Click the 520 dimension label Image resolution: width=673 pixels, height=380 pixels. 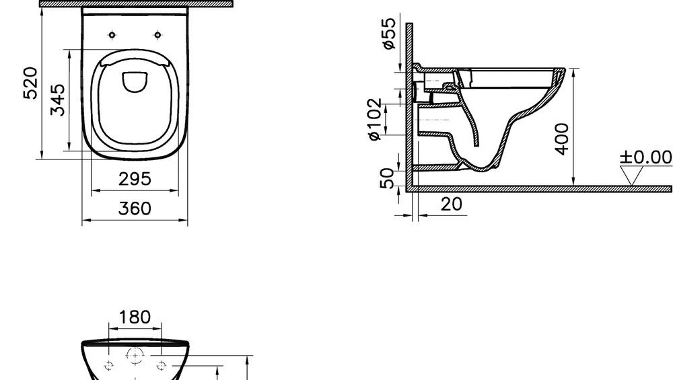coord(31,83)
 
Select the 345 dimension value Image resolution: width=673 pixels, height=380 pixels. coord(58,100)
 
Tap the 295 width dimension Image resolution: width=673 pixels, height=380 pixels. coord(135,179)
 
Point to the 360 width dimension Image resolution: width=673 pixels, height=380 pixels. coord(135,208)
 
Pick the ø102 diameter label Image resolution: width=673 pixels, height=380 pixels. coord(374,119)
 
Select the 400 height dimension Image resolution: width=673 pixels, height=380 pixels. coord(563,139)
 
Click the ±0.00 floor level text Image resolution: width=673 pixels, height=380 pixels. coord(645,157)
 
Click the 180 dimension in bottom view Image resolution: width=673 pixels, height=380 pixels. coord(135,317)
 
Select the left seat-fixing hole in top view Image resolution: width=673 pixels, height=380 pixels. coord(112,35)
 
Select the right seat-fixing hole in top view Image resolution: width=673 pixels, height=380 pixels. coord(157,35)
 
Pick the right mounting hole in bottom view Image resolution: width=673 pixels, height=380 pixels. coord(161,366)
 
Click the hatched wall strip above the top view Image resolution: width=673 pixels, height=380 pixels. coord(135,3)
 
